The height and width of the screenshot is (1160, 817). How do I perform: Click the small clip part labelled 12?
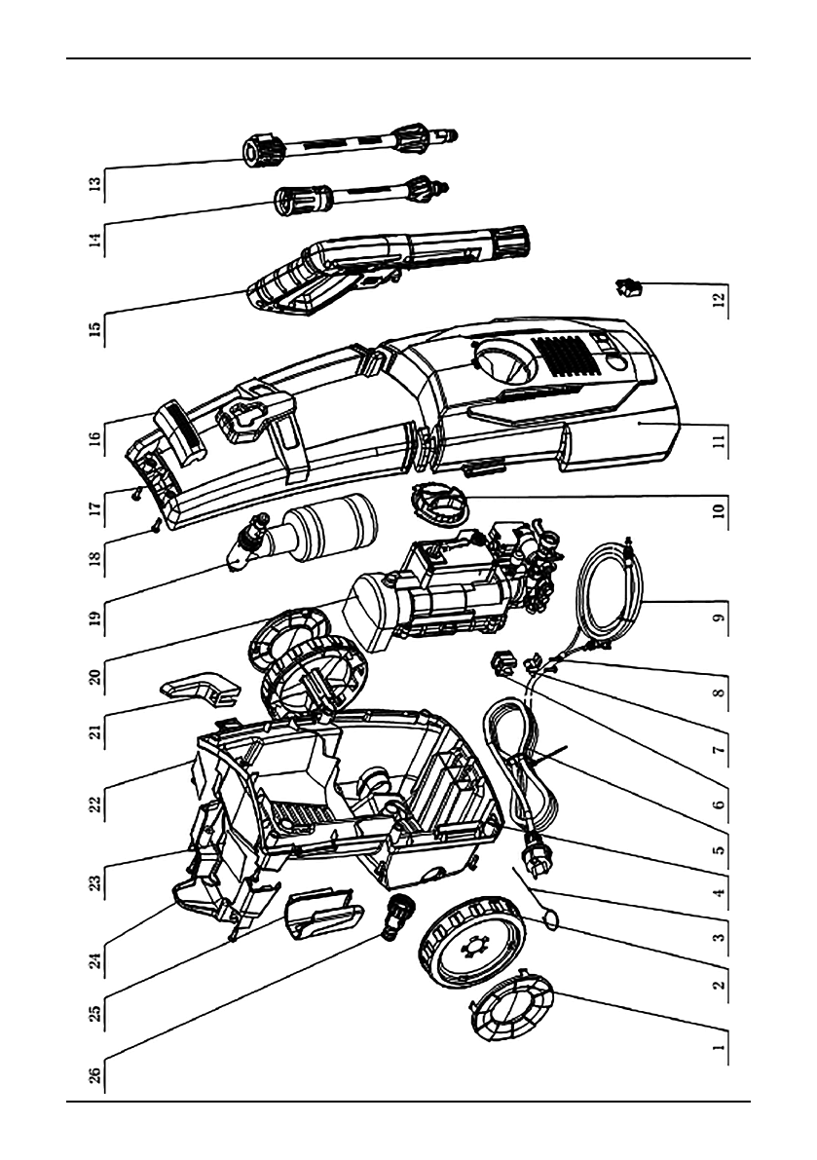coord(628,286)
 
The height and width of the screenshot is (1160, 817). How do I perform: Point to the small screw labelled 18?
coord(157,527)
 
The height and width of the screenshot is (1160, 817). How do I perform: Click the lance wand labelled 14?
coord(360,197)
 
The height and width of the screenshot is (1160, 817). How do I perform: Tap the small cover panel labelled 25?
coord(321,917)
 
